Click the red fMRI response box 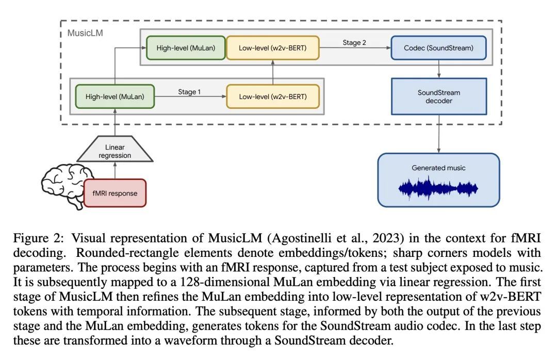pyautogui.click(x=114, y=193)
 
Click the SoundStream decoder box pyautogui.click(x=438, y=96)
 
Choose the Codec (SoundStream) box pyautogui.click(x=438, y=48)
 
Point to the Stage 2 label pyautogui.click(x=354, y=42)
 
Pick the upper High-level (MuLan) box pyautogui.click(x=186, y=48)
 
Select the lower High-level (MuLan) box pyautogui.click(x=114, y=96)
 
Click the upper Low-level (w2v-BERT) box pyautogui.click(x=272, y=48)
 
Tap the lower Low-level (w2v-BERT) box pyautogui.click(x=272, y=96)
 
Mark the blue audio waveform pyautogui.click(x=438, y=188)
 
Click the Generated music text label pyautogui.click(x=438, y=168)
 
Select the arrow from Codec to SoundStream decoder pyautogui.click(x=438, y=69)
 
